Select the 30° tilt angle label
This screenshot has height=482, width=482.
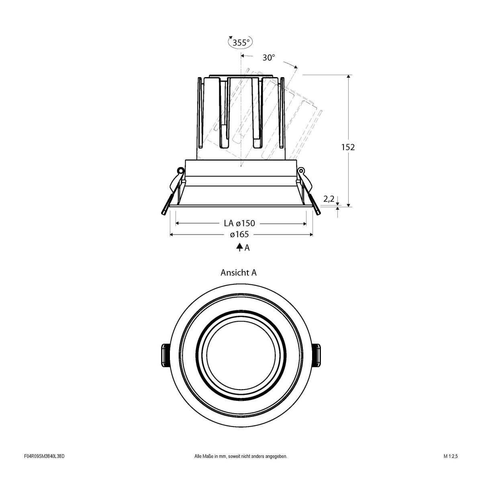269,58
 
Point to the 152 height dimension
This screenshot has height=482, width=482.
348,147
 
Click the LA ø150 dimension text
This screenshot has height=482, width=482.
239,223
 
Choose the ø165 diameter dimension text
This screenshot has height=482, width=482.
239,235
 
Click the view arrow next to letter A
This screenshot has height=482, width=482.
239,247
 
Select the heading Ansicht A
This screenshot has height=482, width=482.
239,273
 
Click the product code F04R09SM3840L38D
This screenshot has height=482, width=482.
44,468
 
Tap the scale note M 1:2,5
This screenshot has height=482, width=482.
451,468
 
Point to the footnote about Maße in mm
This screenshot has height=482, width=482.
240,468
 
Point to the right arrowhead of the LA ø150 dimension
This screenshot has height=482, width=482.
304,223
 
